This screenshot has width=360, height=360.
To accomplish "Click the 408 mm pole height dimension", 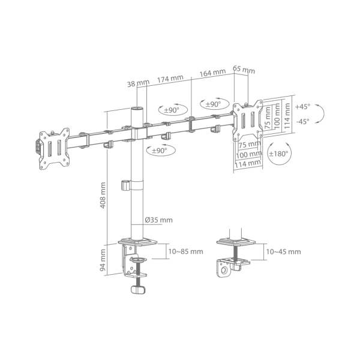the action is (x=103, y=196).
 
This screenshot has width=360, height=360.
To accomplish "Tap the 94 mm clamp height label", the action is (x=103, y=260).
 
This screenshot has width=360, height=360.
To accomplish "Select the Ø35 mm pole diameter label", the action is (x=158, y=220).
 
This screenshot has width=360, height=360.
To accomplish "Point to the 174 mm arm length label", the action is (x=170, y=79).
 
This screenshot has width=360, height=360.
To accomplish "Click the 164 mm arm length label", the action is (x=212, y=73).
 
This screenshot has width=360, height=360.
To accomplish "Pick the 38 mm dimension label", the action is (x=138, y=83).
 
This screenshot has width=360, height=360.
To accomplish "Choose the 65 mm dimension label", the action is (x=244, y=70).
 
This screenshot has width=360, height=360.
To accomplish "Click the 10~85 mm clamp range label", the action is (x=186, y=251).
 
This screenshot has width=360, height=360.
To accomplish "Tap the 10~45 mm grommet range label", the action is (x=283, y=251).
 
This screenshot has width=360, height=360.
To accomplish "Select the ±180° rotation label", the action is (x=278, y=154).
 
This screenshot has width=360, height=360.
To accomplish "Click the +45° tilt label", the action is (x=302, y=107).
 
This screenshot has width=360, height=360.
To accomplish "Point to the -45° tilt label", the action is (x=302, y=121).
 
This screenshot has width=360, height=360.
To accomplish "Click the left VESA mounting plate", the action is (x=54, y=149).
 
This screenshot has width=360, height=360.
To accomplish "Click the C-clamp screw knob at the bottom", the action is (x=138, y=290).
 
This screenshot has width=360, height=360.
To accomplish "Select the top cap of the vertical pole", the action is (x=137, y=108).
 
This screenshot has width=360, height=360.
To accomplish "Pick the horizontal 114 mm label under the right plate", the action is (x=248, y=164).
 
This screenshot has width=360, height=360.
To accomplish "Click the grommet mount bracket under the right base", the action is (x=233, y=266).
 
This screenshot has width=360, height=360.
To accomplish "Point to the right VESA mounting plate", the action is (x=248, y=121).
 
